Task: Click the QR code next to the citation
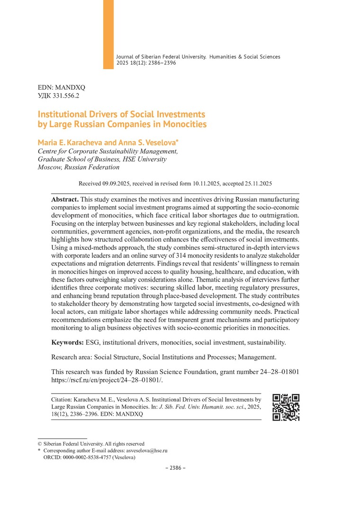(x=286, y=407)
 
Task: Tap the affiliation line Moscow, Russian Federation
(x=79, y=167)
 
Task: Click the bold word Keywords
(x=67, y=342)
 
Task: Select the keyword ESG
(x=93, y=342)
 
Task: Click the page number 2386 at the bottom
(x=175, y=468)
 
